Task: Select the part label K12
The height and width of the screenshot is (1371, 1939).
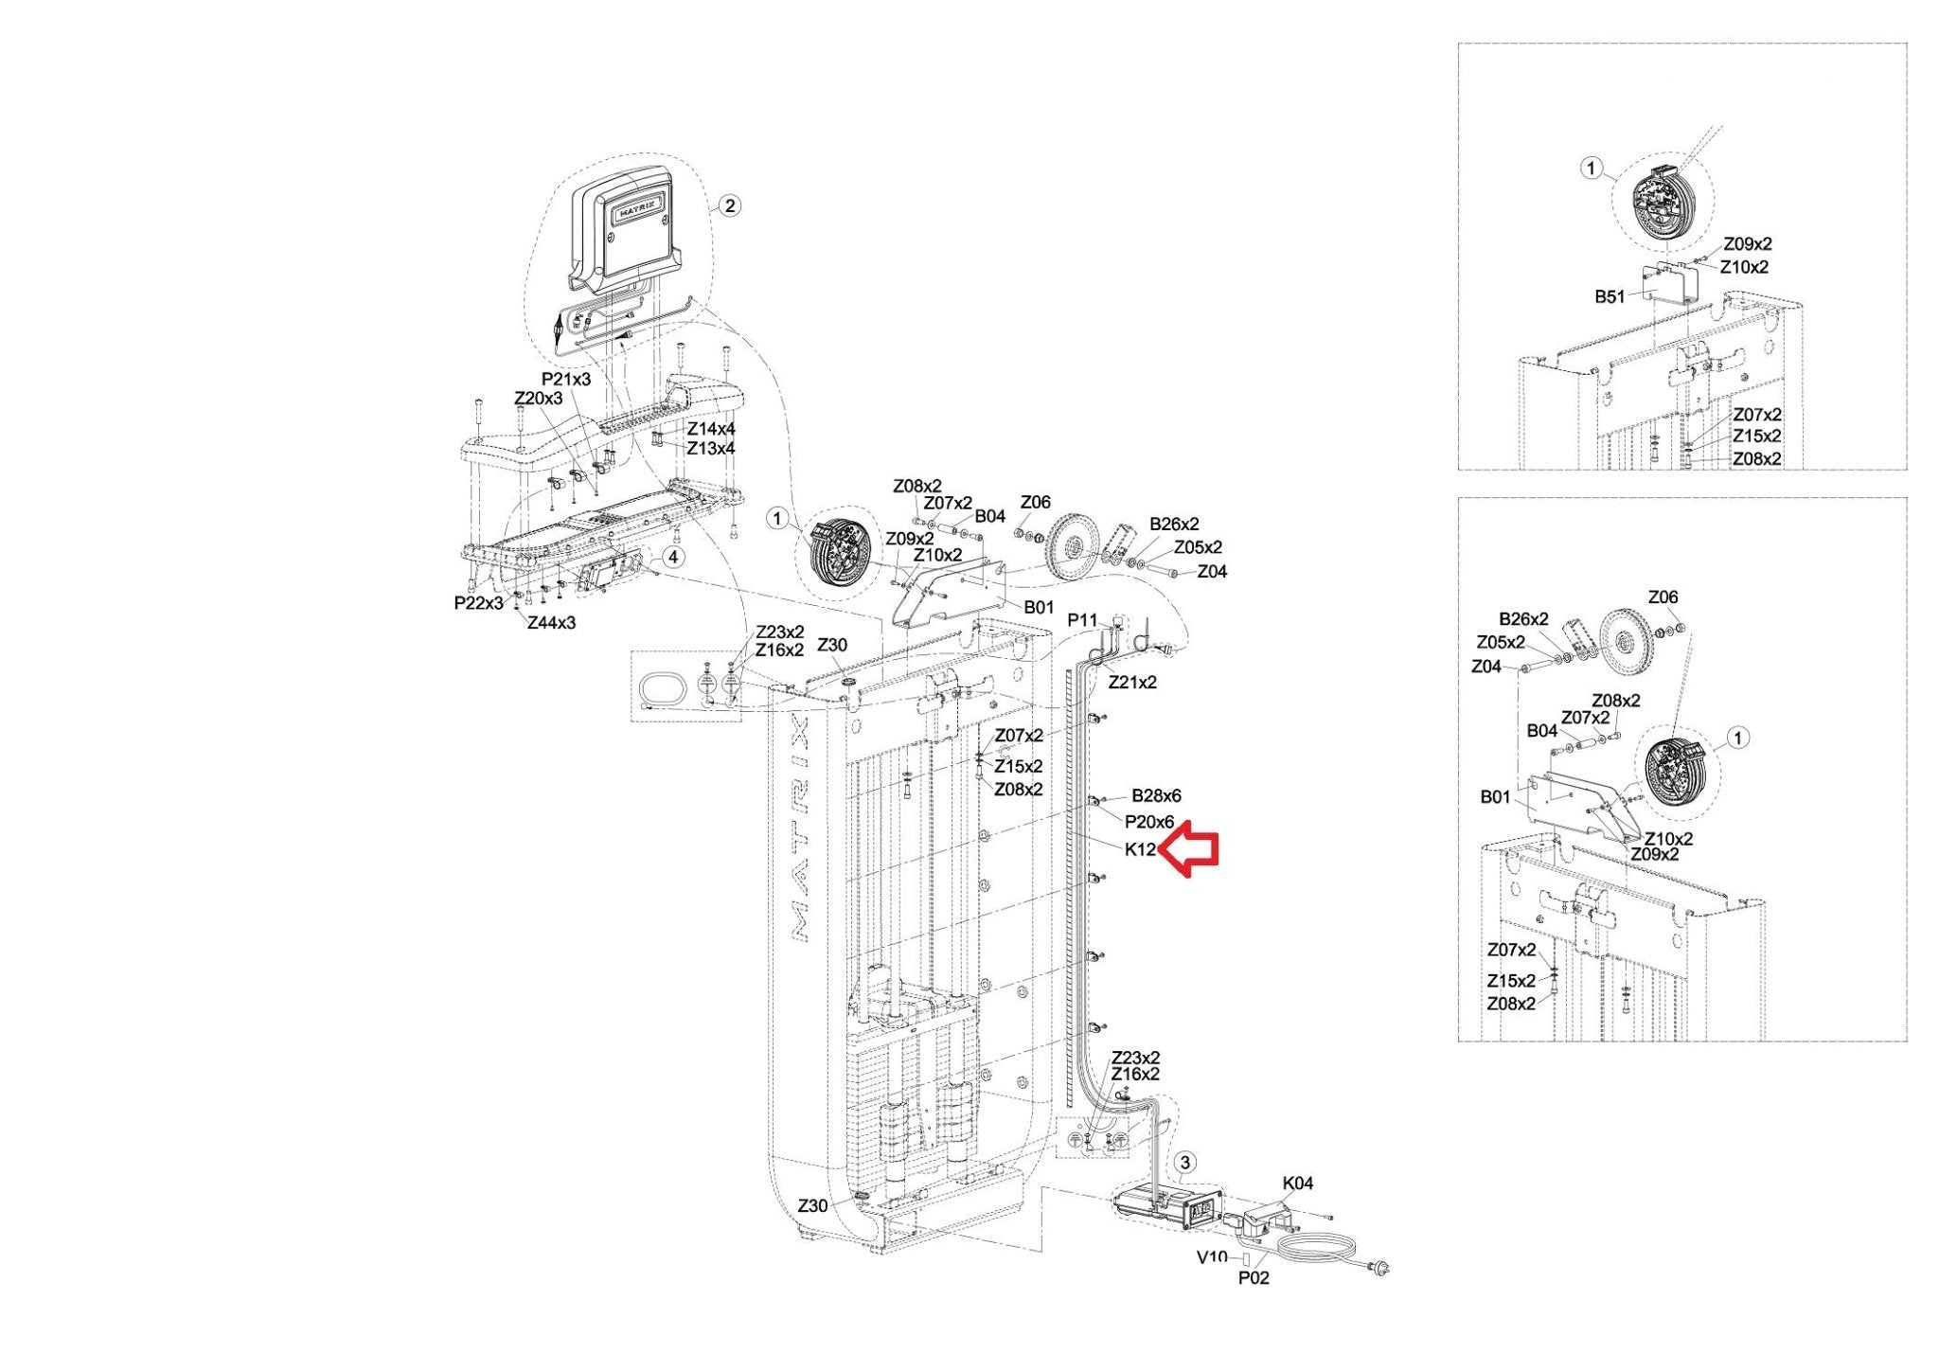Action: pyautogui.click(x=1140, y=849)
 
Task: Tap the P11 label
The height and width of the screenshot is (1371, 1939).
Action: pyautogui.click(x=1082, y=620)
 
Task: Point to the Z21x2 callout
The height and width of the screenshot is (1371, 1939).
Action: pyautogui.click(x=1132, y=682)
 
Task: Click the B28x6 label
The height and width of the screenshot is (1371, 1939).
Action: pyautogui.click(x=1156, y=796)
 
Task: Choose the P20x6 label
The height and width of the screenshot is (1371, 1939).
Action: pyautogui.click(x=1149, y=822)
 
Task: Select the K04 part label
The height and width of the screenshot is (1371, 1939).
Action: pyautogui.click(x=1298, y=1183)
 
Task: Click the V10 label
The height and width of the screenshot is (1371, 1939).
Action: pyautogui.click(x=1212, y=1257)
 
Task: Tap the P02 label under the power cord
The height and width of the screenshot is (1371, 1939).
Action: pyautogui.click(x=1254, y=1278)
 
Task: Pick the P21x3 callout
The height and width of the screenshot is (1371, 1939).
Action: pyautogui.click(x=566, y=379)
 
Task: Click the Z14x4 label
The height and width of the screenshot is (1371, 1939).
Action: pyautogui.click(x=711, y=429)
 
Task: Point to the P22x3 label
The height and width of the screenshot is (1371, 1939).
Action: pyautogui.click(x=479, y=603)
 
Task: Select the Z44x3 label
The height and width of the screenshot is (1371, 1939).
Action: pyautogui.click(x=551, y=623)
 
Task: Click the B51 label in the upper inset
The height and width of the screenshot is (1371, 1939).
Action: pyautogui.click(x=1610, y=296)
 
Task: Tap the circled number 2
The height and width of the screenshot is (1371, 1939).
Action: pyautogui.click(x=729, y=205)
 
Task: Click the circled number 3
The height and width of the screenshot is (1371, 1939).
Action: pyautogui.click(x=1185, y=1163)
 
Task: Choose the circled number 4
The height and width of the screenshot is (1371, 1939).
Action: pyautogui.click(x=672, y=557)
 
